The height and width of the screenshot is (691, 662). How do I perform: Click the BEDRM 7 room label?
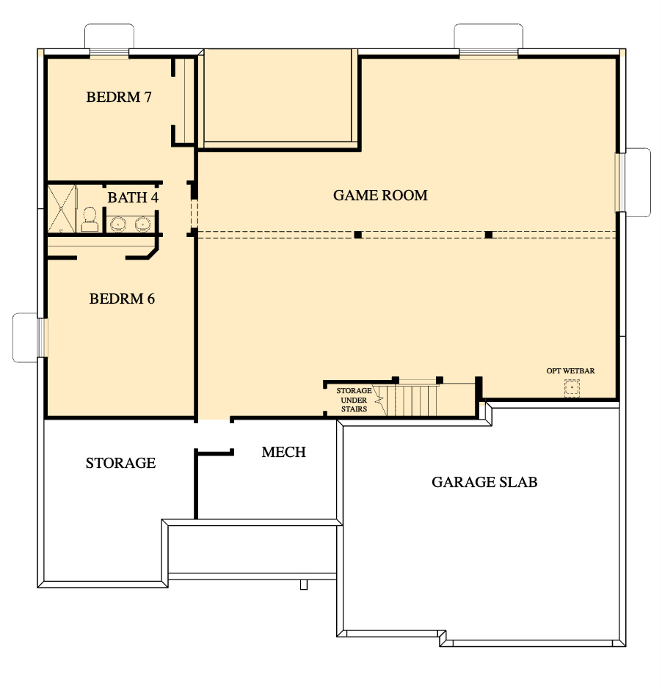(118, 97)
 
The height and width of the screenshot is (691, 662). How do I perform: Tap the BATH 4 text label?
(133, 197)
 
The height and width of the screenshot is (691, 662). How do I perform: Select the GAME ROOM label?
(380, 195)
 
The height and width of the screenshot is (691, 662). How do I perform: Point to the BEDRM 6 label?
(122, 299)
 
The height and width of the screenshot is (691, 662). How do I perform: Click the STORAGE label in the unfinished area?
(120, 463)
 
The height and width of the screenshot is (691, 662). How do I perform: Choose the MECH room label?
(283, 452)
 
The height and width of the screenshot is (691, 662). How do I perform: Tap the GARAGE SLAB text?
(484, 482)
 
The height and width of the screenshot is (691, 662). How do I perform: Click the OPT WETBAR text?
(570, 370)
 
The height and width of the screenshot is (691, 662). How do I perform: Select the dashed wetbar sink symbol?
(572, 387)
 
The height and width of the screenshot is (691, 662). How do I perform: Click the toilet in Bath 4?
(90, 219)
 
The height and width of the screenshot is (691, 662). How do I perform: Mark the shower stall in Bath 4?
(62, 209)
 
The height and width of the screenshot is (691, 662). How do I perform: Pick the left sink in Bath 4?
(118, 223)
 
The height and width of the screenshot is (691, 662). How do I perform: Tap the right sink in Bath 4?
(142, 223)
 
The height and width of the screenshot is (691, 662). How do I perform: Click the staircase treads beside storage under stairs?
(417, 401)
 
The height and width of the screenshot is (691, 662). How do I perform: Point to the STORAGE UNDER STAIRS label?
(353, 400)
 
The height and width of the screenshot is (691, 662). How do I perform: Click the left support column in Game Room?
(358, 235)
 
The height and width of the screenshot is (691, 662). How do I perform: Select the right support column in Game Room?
(488, 235)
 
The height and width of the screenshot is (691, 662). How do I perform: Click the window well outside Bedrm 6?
(26, 337)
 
